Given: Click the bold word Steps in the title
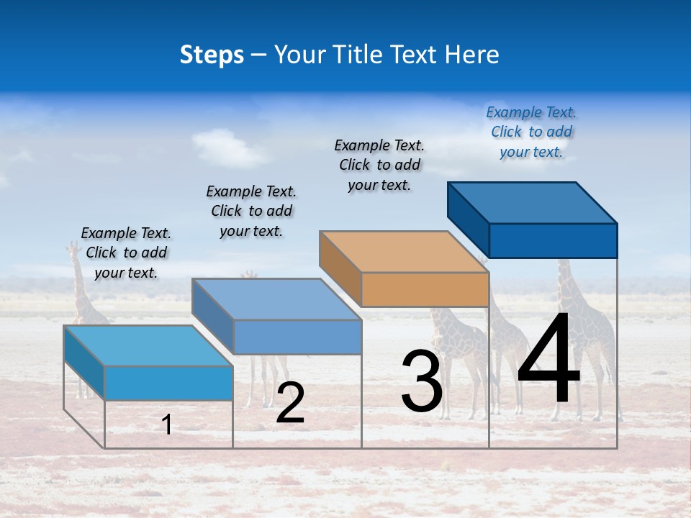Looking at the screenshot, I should [x=212, y=55].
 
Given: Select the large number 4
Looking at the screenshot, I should [x=548, y=360].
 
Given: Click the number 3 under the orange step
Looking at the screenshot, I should [x=421, y=381].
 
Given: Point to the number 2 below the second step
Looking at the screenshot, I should [x=290, y=403].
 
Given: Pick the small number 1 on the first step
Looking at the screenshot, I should [x=167, y=424].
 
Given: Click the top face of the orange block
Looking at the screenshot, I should [x=403, y=252].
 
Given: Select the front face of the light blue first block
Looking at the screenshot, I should [x=168, y=383].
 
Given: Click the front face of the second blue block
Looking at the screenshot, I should [x=297, y=337].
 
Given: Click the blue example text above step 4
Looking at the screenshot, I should [x=531, y=132].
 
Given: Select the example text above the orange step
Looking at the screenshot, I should [x=379, y=165].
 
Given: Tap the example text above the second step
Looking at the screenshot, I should [x=251, y=211].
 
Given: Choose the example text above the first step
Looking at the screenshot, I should [x=126, y=253].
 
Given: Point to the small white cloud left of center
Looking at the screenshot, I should [x=227, y=147].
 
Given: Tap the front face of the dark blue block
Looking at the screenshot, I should [x=553, y=240].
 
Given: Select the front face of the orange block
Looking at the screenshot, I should [x=425, y=290].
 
